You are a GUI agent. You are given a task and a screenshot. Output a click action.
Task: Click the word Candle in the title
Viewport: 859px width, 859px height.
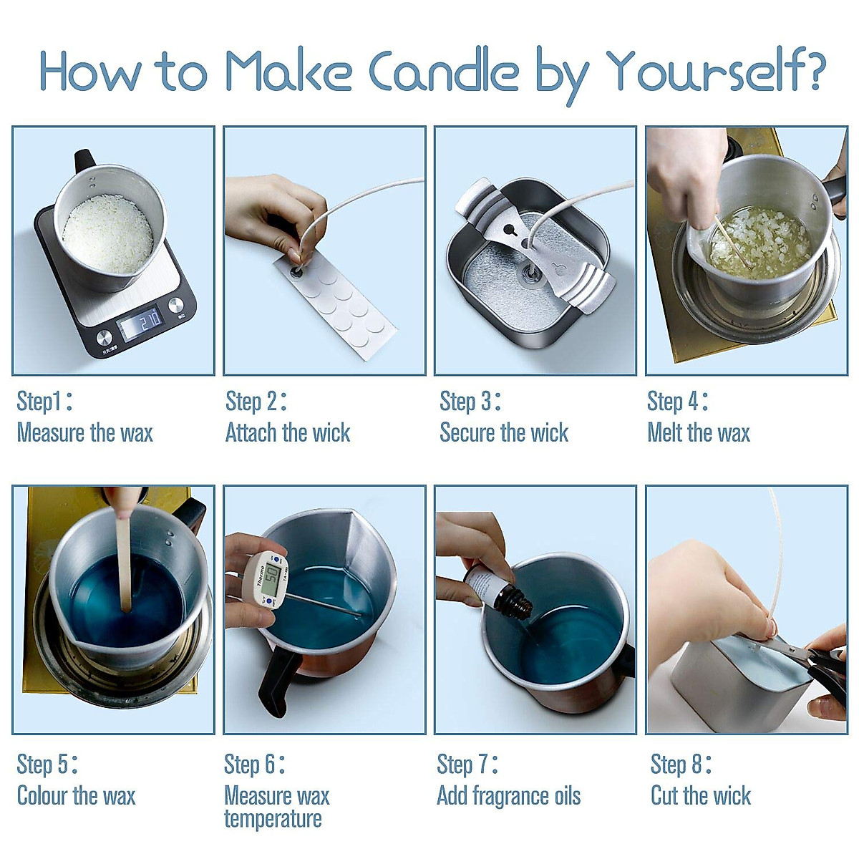point(444,72)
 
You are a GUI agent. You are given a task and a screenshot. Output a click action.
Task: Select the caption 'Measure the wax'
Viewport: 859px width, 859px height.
point(84,433)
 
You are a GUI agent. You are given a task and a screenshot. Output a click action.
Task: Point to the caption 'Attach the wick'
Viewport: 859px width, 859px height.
point(288,433)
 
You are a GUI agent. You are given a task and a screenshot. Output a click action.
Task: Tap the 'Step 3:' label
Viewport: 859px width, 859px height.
point(470,402)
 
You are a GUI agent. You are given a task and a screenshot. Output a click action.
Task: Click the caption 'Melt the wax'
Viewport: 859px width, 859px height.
point(699,433)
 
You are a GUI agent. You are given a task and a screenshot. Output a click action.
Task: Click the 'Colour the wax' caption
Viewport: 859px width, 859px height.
point(76,795)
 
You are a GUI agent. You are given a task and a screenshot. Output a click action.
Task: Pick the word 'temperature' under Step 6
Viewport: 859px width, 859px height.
point(273,819)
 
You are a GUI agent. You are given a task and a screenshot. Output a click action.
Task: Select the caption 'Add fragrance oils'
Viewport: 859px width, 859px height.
point(509,796)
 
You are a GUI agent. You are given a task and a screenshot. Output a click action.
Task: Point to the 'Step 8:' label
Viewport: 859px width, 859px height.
point(681,765)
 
